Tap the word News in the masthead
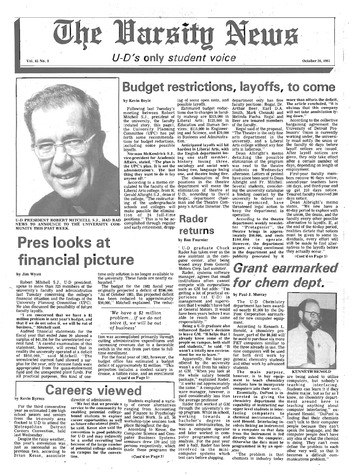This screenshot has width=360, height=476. (268, 22)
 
